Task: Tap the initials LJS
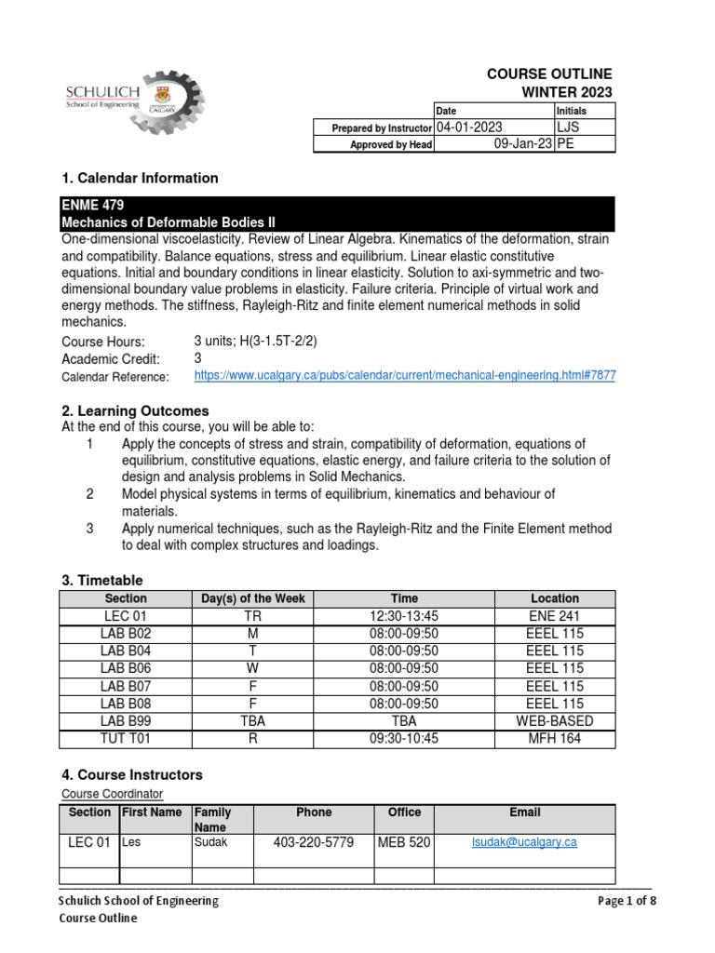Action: pyautogui.click(x=570, y=128)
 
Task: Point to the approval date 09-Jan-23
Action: pyautogui.click(x=522, y=144)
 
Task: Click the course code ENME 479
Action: pyautogui.click(x=92, y=206)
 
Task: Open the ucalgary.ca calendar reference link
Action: pyautogui.click(x=404, y=375)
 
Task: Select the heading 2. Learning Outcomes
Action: pyautogui.click(x=135, y=410)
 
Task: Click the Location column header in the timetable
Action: pyautogui.click(x=554, y=598)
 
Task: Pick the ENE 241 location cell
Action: pyautogui.click(x=554, y=616)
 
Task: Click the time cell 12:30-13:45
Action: pyautogui.click(x=404, y=616)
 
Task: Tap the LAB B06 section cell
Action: pyautogui.click(x=126, y=668)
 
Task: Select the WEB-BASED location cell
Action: pyautogui.click(x=554, y=721)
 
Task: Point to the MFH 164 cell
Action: pyautogui.click(x=554, y=739)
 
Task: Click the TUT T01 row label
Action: pyautogui.click(x=126, y=739)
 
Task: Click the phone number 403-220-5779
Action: pyautogui.click(x=313, y=843)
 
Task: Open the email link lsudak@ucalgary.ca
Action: pyautogui.click(x=525, y=842)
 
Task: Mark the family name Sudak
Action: pyautogui.click(x=209, y=841)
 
